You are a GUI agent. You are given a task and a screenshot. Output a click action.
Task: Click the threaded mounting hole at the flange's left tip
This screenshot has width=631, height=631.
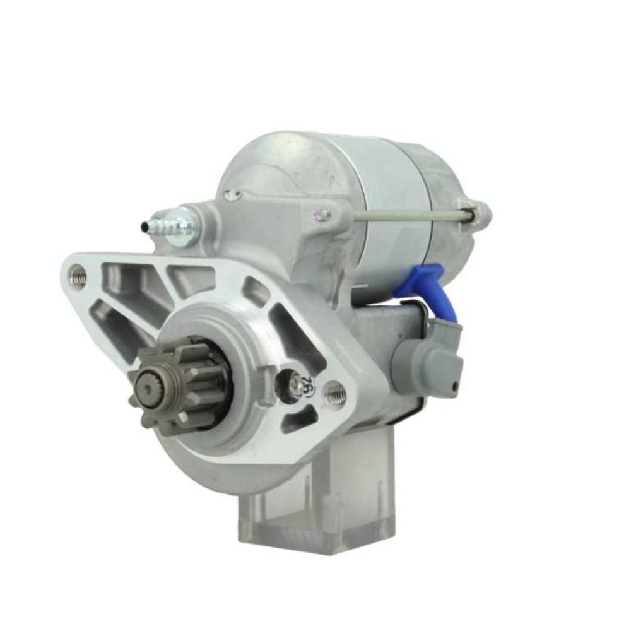[78, 276]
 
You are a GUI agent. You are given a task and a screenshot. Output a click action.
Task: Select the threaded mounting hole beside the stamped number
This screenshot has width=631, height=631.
[334, 394]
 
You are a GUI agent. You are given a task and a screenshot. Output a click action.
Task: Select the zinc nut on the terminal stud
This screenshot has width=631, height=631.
[186, 225]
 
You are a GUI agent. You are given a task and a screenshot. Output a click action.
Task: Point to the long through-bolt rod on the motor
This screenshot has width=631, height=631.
[410, 216]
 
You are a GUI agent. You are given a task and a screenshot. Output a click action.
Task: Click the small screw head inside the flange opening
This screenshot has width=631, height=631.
[295, 382]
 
